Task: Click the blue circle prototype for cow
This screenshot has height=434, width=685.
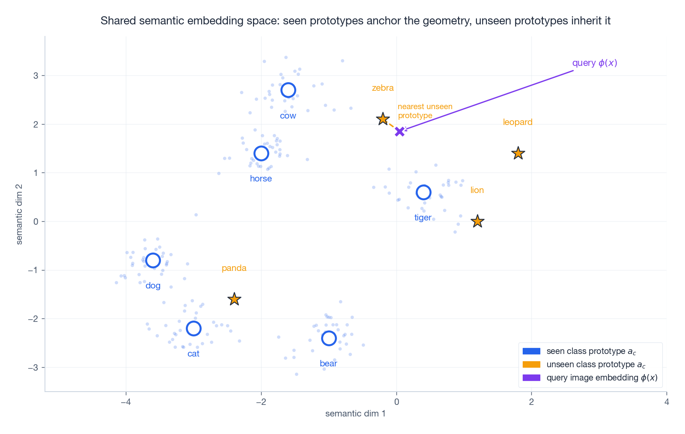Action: [288, 90]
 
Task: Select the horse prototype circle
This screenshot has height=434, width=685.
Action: [261, 153]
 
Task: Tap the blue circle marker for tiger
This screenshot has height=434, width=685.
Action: [423, 192]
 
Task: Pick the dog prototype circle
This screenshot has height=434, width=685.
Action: [153, 260]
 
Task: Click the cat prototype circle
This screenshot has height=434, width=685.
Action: [194, 328]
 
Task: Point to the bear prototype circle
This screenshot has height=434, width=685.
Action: [329, 338]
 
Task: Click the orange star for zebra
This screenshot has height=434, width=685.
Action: [383, 119]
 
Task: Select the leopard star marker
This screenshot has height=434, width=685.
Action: [518, 153]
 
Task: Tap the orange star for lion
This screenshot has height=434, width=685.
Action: [477, 221]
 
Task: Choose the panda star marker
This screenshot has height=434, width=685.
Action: [234, 299]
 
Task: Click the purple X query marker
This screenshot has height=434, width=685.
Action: [399, 131]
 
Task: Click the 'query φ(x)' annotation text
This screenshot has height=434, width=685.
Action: [595, 63]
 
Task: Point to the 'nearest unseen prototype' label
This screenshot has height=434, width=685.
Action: [425, 111]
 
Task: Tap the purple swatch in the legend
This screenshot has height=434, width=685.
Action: [531, 378]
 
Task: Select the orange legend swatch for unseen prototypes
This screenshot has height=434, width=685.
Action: [531, 364]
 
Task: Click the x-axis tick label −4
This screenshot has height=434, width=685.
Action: [125, 402]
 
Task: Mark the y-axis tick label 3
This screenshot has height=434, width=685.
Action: [36, 76]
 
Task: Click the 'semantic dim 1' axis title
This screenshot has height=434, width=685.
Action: [355, 413]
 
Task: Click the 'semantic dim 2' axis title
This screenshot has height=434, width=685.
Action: [19, 214]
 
